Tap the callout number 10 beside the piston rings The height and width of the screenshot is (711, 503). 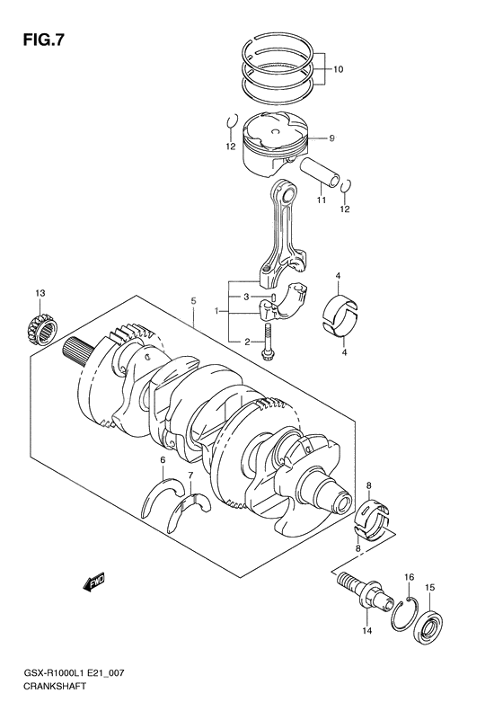[339, 69]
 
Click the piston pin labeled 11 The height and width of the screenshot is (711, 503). [321, 171]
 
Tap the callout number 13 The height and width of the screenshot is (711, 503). [40, 294]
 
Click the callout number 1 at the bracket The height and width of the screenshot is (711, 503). [216, 312]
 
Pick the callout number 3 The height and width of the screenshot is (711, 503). [243, 297]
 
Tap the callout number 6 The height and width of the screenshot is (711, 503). [162, 461]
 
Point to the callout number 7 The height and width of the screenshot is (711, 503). [190, 475]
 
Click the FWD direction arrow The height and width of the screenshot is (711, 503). [94, 586]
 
